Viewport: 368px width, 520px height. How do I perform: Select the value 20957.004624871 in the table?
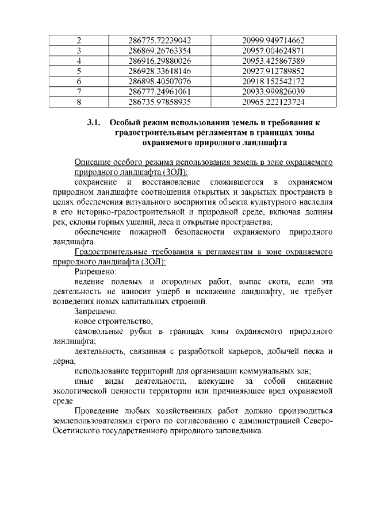pos(273,51)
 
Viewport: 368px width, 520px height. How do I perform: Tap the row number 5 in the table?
pos(78,72)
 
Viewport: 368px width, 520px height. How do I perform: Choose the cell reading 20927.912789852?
pos(273,72)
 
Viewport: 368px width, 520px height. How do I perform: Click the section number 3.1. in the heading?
pos(94,122)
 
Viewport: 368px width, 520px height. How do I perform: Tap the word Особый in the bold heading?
pos(125,122)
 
